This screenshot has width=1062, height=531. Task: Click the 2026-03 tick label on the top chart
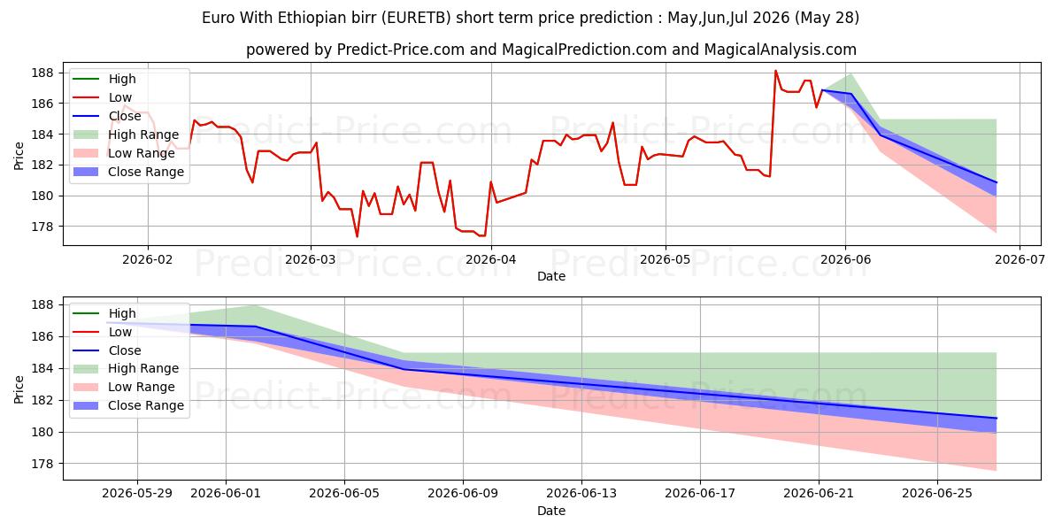(x=311, y=259)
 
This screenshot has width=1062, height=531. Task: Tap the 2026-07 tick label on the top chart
(x=1020, y=259)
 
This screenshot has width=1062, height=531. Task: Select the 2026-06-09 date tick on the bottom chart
(x=463, y=494)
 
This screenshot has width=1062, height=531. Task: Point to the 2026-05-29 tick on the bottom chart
(x=137, y=494)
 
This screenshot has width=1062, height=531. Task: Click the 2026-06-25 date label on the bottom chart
(x=937, y=494)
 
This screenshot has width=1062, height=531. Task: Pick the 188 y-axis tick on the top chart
(x=42, y=73)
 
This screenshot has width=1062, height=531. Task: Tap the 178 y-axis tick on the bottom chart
(x=42, y=464)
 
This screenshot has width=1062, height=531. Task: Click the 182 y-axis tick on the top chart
(x=42, y=165)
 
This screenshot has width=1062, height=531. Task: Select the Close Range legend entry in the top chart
(x=128, y=172)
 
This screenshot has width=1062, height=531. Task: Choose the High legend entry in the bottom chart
(x=104, y=313)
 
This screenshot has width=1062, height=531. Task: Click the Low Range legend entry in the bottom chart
(x=124, y=387)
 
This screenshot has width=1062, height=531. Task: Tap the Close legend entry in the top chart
(x=107, y=116)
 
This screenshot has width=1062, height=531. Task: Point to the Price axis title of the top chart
(x=19, y=156)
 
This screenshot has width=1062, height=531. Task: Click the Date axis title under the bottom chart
(x=551, y=511)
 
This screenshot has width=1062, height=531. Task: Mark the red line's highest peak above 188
(x=775, y=71)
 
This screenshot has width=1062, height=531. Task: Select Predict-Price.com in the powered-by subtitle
(x=401, y=50)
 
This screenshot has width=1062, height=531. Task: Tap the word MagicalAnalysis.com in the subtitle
(x=781, y=50)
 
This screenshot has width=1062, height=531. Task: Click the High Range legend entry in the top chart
(x=126, y=135)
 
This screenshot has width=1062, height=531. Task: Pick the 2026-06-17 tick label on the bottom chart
(x=700, y=494)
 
